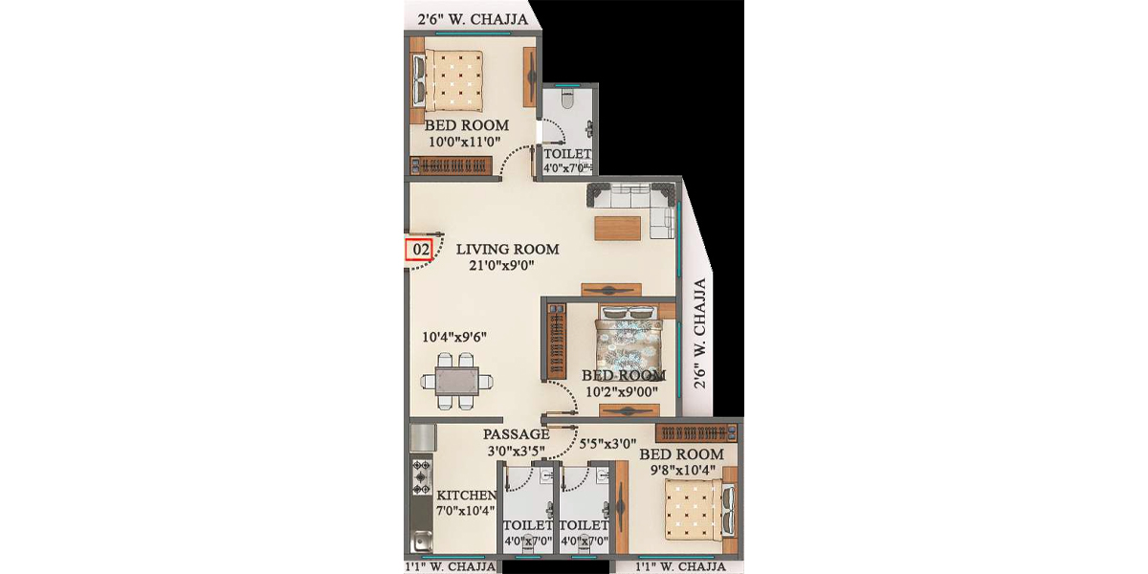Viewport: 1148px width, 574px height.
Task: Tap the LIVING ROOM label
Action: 507,249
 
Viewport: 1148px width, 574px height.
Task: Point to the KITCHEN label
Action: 467,496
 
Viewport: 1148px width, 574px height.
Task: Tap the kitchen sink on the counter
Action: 421,543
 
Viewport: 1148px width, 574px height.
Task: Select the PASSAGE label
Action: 516,433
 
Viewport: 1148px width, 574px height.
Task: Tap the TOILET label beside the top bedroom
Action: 567,153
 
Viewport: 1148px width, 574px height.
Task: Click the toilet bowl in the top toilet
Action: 566,99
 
